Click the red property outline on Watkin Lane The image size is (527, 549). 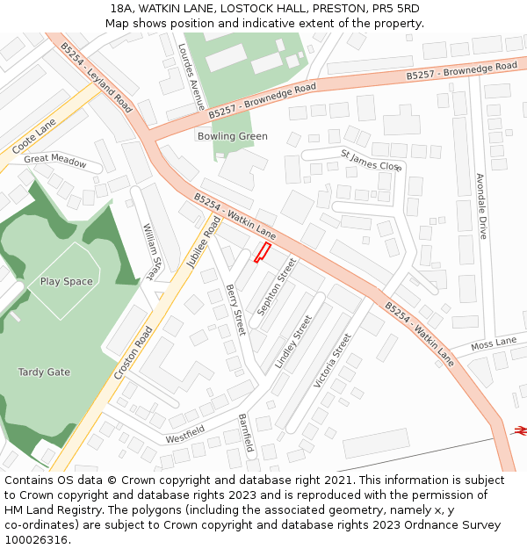261,254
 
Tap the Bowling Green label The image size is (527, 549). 232,137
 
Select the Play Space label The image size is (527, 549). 67,282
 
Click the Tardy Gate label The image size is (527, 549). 44,372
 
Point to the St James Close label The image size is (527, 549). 371,160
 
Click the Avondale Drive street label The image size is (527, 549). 481,206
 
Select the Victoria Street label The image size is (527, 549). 333,360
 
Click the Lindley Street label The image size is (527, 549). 293,341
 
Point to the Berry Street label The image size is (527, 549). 235,309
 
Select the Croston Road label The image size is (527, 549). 134,353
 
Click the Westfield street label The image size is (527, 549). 184,433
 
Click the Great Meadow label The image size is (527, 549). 55,160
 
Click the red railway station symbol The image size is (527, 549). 519,430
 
